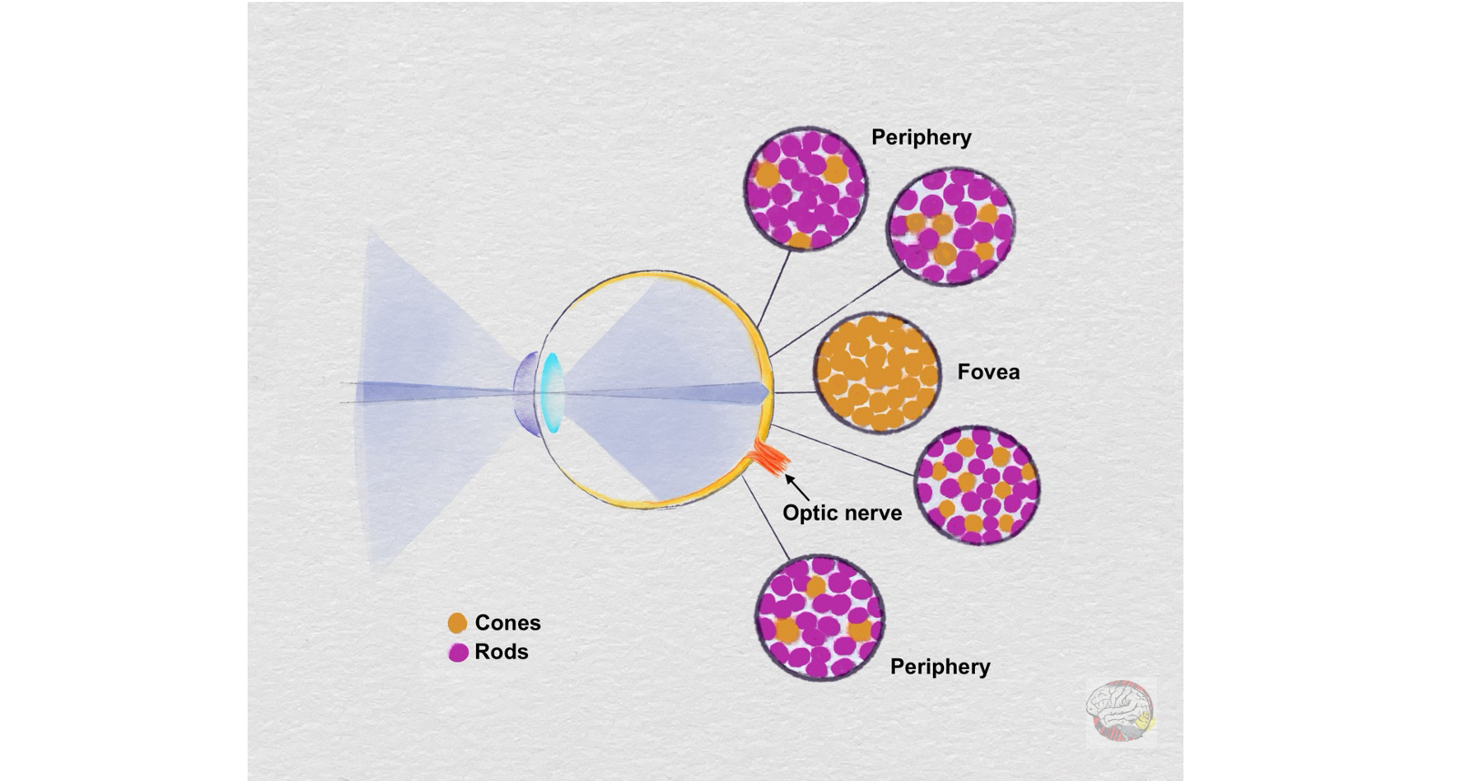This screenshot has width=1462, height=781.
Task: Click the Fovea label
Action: pos(988,372)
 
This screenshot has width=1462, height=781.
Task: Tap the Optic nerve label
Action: pos(842,513)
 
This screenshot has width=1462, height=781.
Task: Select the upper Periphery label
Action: pos(921,137)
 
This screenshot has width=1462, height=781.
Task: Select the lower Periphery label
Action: pos(939,667)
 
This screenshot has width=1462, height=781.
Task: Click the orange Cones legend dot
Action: pos(457,623)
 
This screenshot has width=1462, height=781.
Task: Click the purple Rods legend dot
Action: pos(458,652)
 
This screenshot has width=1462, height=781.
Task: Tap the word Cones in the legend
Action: pos(507,623)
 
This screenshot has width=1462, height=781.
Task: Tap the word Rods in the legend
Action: pos(501,652)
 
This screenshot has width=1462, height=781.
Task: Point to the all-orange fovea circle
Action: pos(877,372)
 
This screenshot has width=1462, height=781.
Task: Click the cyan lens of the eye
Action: pos(552,392)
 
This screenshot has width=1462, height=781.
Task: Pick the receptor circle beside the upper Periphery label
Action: pos(805,189)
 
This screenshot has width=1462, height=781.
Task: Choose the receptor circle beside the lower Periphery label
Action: pos(820,618)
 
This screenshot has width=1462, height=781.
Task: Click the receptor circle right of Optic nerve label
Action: pos(977,485)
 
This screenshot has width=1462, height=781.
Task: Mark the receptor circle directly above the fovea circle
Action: pos(950,227)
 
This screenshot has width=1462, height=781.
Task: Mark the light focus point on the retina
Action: pos(767,392)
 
